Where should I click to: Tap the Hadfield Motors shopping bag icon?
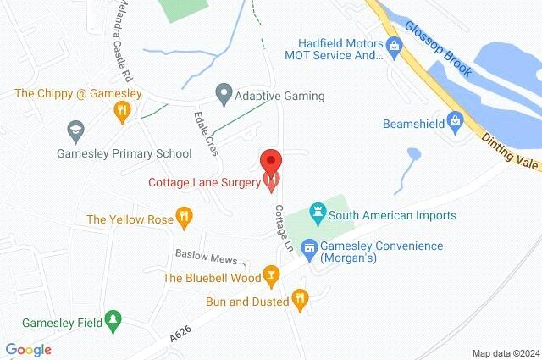coord(393,43)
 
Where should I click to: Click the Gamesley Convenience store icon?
coord(309,246)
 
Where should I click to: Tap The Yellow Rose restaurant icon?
coord(184,219)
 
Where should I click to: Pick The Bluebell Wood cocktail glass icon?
coord(271,277)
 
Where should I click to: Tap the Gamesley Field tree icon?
coord(111,320)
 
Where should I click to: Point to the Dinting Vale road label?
coord(508,152)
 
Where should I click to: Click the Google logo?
coord(28,349)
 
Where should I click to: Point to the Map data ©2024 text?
coord(505,352)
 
